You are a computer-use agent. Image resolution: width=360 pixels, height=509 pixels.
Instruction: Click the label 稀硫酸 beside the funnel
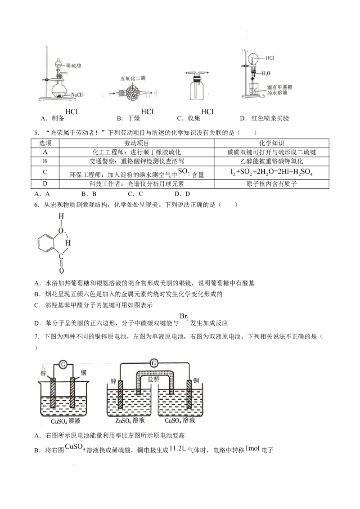73,65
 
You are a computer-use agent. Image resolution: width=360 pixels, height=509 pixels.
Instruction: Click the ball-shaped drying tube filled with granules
134,94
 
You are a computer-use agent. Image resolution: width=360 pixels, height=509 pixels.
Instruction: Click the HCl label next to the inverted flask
270,58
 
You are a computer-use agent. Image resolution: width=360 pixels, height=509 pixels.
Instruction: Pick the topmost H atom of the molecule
61,216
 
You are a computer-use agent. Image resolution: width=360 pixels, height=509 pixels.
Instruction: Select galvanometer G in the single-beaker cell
63,365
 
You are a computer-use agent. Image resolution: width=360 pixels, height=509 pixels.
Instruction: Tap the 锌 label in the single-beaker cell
43,373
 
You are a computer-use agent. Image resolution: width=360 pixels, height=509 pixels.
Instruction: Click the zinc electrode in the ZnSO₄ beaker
121,394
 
